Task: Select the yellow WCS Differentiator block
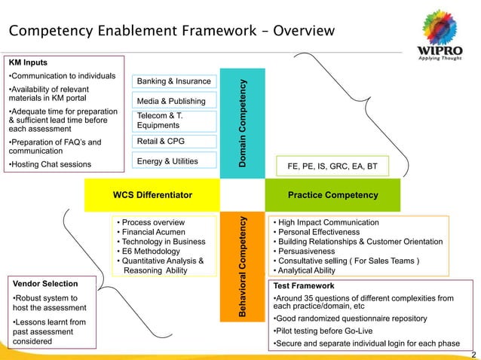click(152, 195)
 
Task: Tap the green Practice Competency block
click(332, 195)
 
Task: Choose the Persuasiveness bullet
click(309, 251)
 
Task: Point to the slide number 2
click(473, 353)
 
